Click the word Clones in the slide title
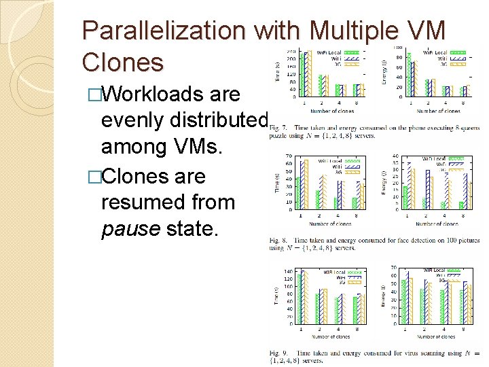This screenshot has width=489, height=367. (122, 62)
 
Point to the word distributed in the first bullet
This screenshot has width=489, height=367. (217, 120)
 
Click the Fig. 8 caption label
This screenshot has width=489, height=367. (278, 241)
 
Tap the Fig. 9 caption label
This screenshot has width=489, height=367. (278, 353)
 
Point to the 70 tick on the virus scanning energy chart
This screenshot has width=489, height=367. (395, 267)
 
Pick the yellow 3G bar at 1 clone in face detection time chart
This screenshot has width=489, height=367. (306, 184)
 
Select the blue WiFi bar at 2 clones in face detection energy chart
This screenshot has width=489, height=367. (427, 189)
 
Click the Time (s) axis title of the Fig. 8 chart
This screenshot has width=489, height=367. (277, 182)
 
